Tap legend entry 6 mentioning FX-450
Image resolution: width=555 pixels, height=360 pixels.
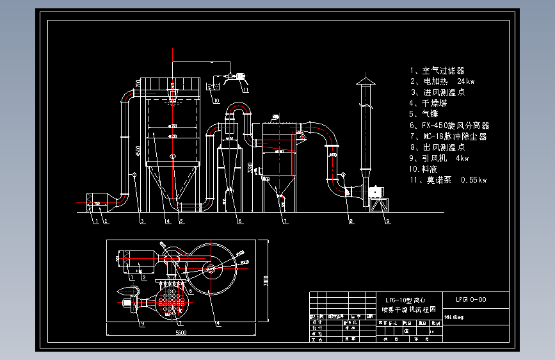(x=449, y=126)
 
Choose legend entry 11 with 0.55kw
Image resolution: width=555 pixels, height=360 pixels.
(x=448, y=180)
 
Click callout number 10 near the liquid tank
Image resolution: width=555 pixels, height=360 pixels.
(x=216, y=101)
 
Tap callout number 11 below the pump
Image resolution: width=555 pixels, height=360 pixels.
(x=245, y=91)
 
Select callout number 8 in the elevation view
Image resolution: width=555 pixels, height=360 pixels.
(x=351, y=222)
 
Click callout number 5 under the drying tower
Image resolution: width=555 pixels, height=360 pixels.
(x=182, y=222)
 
